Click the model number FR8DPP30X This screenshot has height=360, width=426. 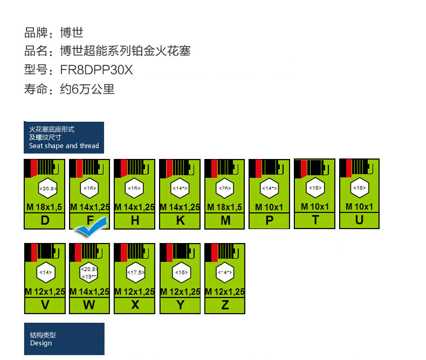[96, 70]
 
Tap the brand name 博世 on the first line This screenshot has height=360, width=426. [72, 32]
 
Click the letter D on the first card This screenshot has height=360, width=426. [45, 220]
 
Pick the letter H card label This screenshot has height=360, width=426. [135, 220]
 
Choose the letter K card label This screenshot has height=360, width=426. [180, 220]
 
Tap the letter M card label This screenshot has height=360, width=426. [225, 220]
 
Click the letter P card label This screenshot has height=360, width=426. [270, 220]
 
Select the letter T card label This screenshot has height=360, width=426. [315, 219]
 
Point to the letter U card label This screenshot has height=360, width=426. [359, 219]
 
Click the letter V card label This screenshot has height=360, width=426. [45, 305]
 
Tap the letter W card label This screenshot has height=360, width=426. [90, 305]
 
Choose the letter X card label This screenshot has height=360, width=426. [135, 305]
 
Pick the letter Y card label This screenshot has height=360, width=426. [180, 305]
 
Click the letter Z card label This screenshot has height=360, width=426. [225, 305]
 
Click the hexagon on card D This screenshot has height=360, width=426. [47, 189]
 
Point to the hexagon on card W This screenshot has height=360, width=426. [90, 272]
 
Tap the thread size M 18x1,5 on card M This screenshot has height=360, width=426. [225, 207]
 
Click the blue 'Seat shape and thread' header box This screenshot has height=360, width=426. [64, 138]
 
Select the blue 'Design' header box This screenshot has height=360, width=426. [64, 339]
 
